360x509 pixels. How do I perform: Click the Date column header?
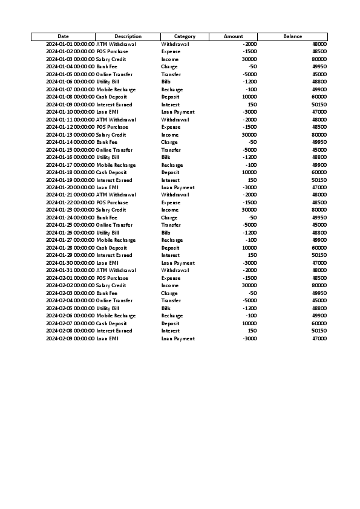63,37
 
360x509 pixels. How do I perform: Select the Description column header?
128,37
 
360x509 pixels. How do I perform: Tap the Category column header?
185,37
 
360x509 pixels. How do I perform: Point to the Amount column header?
233,37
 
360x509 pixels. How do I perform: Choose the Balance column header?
292,37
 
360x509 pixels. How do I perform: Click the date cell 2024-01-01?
70,44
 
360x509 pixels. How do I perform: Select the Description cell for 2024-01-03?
111,59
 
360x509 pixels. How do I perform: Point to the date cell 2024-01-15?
70,150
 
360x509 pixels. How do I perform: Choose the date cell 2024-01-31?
70,270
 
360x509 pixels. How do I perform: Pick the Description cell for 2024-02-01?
113,278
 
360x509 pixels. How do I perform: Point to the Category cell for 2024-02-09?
178,339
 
